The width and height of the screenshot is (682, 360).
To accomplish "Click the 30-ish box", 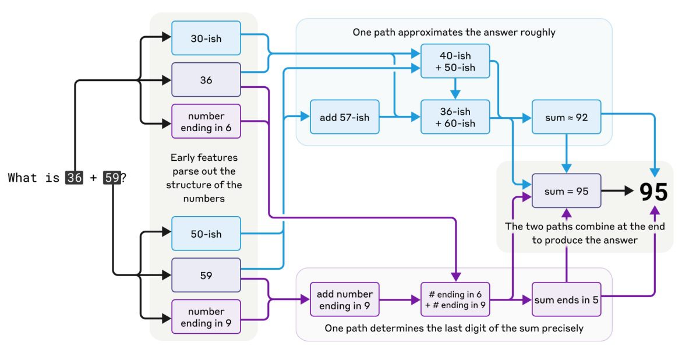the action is pyautogui.click(x=206, y=38).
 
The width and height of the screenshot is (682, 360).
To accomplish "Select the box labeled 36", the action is pyautogui.click(x=206, y=80).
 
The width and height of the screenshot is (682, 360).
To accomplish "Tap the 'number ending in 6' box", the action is pyautogui.click(x=206, y=121).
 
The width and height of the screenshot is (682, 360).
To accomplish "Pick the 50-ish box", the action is pyautogui.click(x=206, y=234).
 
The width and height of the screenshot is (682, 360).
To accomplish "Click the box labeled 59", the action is pyautogui.click(x=206, y=275).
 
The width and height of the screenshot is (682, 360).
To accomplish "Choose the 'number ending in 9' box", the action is pyautogui.click(x=206, y=316).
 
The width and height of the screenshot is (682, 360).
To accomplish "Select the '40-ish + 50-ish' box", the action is pyautogui.click(x=455, y=61).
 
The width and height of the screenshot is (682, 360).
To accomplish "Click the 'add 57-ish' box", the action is pyautogui.click(x=344, y=117).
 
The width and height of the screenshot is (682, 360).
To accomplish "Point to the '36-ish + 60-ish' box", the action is pyautogui.click(x=455, y=117).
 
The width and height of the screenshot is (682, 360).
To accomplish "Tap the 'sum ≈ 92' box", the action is pyautogui.click(x=566, y=117).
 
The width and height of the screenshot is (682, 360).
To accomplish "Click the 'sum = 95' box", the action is pyautogui.click(x=566, y=191).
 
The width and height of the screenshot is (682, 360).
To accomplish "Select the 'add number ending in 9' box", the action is pyautogui.click(x=344, y=299).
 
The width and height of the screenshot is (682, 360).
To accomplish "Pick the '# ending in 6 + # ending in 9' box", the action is pyautogui.click(x=455, y=299).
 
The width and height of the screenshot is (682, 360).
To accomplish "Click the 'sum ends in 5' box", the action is pyautogui.click(x=566, y=299).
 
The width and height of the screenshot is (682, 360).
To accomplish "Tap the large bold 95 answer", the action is pyautogui.click(x=653, y=192).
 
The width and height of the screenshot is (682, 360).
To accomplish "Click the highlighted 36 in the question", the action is pyautogui.click(x=74, y=178).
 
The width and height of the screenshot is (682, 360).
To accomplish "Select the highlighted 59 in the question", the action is pyautogui.click(x=112, y=178).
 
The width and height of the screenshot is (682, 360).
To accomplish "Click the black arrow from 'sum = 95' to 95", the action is pyautogui.click(x=617, y=190).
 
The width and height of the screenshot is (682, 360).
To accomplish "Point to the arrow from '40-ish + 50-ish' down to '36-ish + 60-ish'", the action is pyautogui.click(x=455, y=89).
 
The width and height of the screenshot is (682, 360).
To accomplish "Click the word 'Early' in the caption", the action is pyautogui.click(x=183, y=157).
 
